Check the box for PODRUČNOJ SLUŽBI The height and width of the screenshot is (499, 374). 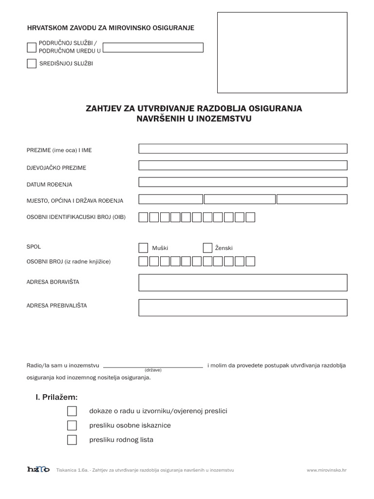(x=32, y=47)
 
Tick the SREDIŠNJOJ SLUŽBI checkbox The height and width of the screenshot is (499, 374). (x=32, y=63)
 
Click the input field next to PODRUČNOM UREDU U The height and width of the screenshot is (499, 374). (x=153, y=47)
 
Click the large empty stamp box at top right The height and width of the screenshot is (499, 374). (x=282, y=53)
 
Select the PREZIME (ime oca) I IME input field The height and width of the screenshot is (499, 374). (x=243, y=149)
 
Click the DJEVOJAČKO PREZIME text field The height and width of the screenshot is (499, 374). (x=243, y=165)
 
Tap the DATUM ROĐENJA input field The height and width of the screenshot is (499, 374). (x=243, y=182)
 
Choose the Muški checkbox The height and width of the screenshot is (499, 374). (x=143, y=248)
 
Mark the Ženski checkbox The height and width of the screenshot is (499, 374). (x=207, y=248)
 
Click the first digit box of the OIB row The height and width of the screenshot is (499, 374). (x=143, y=217)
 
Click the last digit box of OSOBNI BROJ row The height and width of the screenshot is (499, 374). (x=250, y=262)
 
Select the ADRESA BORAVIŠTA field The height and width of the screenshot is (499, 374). (x=243, y=283)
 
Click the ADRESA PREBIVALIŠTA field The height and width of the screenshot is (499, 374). (x=243, y=307)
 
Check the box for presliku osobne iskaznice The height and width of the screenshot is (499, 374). (x=72, y=425)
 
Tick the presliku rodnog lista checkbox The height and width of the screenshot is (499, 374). (x=72, y=440)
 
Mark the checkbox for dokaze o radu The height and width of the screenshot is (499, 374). (x=72, y=411)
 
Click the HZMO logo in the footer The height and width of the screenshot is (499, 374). (x=38, y=470)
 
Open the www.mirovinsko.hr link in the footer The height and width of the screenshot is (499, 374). (x=326, y=470)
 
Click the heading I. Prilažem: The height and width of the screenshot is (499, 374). (x=56, y=397)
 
